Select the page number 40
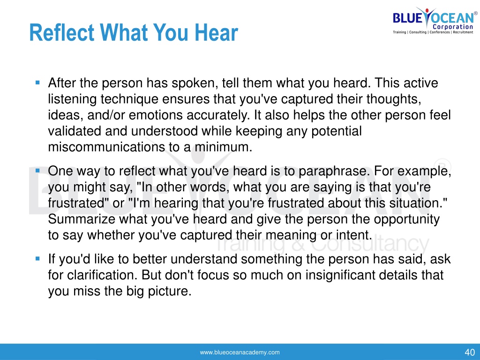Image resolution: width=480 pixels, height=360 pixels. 470,352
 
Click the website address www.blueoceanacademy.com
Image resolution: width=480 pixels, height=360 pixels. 240,352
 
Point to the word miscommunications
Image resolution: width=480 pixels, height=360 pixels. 106,147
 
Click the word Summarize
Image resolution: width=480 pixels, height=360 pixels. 82,219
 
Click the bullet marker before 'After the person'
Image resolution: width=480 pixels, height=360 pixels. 37,82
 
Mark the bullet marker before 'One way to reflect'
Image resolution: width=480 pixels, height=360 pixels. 37,170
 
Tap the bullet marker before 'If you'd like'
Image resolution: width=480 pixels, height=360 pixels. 37,259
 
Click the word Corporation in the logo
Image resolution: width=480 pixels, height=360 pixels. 453,27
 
